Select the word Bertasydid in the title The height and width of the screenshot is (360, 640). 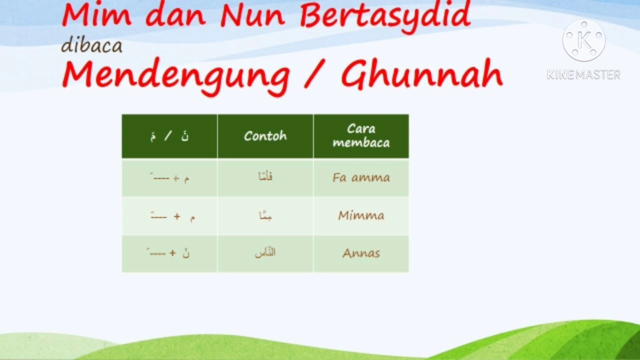[x=385, y=16]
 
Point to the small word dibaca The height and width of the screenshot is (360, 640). [x=91, y=45]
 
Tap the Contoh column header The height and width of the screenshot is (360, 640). [x=265, y=136]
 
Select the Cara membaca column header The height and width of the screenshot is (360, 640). [x=361, y=136]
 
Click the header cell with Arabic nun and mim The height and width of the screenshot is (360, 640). [x=169, y=136]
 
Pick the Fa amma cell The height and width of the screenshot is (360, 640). [x=361, y=177]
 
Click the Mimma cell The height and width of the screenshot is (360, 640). [x=361, y=215]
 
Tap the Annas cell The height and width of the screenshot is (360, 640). [x=361, y=253]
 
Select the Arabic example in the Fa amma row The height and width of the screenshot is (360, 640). [x=265, y=177]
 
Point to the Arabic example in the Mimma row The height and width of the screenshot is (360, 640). [x=265, y=215]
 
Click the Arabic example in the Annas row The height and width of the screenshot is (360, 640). [x=265, y=253]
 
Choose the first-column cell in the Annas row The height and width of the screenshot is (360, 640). [x=169, y=253]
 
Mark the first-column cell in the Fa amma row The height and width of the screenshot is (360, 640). [x=169, y=177]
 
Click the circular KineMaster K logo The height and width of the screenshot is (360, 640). [x=583, y=40]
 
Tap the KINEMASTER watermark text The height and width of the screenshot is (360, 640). [x=583, y=75]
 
